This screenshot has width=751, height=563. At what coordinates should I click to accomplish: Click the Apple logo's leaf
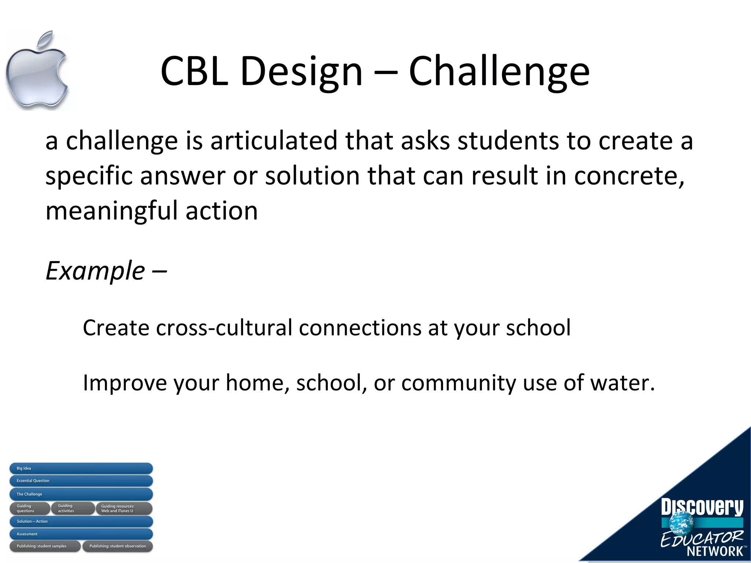click(x=47, y=39)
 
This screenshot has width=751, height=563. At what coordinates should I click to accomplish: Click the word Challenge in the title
click(x=499, y=71)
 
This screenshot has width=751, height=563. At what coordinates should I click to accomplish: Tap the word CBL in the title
click(x=194, y=71)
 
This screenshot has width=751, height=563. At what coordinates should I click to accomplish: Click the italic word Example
click(x=95, y=271)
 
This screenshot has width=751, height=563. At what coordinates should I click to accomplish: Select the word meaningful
click(x=111, y=211)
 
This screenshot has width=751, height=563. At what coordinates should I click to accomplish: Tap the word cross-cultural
click(x=224, y=328)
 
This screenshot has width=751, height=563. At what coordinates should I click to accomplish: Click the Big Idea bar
click(x=81, y=468)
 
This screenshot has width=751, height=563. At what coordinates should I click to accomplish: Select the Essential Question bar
click(x=81, y=481)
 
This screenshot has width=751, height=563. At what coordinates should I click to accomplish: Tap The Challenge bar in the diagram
click(x=81, y=494)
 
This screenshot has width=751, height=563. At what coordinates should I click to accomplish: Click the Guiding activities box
click(x=72, y=508)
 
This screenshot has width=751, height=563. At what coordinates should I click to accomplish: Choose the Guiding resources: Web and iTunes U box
click(x=124, y=508)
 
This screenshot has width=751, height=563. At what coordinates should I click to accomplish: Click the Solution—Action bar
click(x=81, y=521)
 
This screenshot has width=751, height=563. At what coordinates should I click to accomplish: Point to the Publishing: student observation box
click(x=117, y=546)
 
